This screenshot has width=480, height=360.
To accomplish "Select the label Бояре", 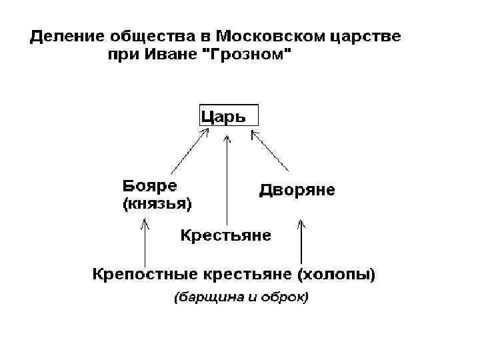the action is pyautogui.click(x=154, y=184).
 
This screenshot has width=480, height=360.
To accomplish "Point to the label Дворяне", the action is pyautogui.click(x=297, y=191).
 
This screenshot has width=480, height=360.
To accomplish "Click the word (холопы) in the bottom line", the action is pyautogui.click(x=336, y=273).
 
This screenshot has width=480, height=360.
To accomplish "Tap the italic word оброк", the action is pyautogui.click(x=287, y=297).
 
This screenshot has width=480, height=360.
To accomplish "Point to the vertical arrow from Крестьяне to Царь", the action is pyautogui.click(x=227, y=180).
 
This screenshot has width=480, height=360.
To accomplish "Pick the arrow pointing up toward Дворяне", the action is pyautogui.click(x=301, y=240).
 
